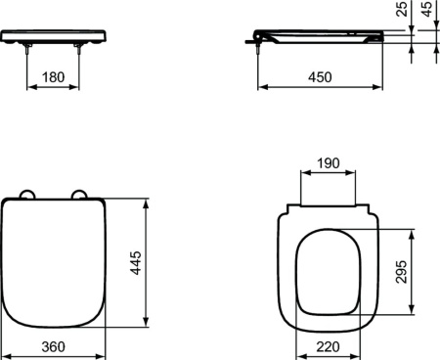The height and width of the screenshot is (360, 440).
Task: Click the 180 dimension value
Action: tap(55, 76)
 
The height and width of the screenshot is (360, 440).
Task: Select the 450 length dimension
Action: tap(319, 76)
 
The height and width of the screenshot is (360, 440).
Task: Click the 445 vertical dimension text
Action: tap(136, 264)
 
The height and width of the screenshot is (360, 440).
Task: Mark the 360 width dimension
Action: tap(55, 347)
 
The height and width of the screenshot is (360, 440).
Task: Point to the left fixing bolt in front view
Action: tap(29, 49)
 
